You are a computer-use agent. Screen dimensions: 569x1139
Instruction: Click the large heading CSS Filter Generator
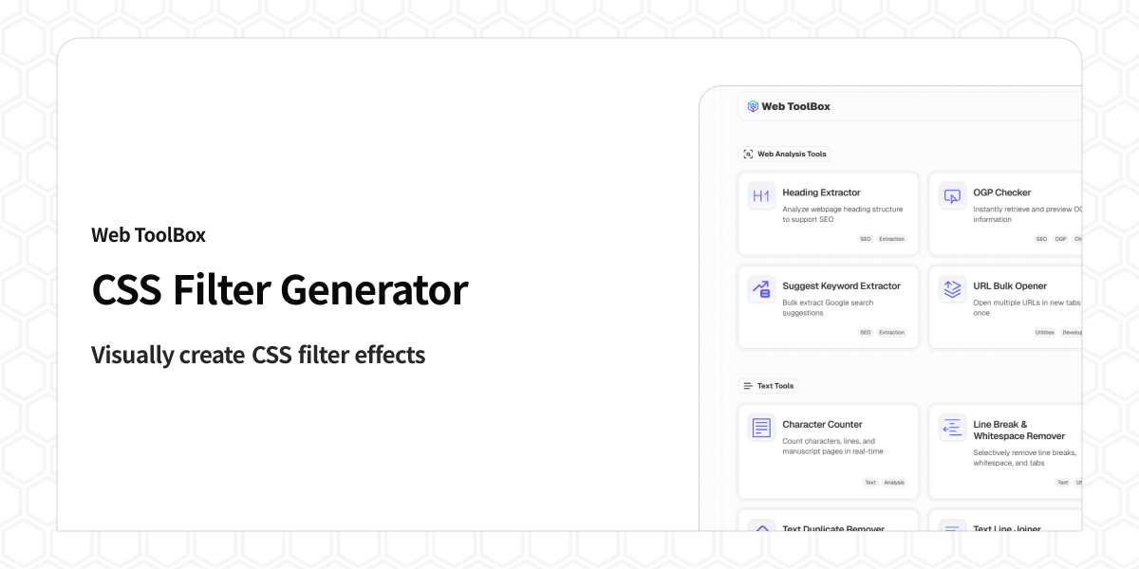coord(279,290)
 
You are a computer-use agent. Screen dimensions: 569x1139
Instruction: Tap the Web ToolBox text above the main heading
coord(148,234)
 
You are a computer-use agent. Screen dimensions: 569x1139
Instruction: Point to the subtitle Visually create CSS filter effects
coord(257,355)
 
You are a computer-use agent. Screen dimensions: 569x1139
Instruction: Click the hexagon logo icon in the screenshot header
coord(753,106)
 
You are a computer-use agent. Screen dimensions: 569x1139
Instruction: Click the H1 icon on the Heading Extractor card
coord(761,196)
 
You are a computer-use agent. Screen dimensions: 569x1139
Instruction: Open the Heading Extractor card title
coord(821,193)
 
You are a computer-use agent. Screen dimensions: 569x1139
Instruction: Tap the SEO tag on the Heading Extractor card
coord(866,239)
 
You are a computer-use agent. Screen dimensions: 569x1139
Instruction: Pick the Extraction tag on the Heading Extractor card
coord(891,239)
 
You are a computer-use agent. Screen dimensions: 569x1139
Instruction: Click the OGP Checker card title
coord(1001,193)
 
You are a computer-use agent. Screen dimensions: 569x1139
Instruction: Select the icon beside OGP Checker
coord(952,196)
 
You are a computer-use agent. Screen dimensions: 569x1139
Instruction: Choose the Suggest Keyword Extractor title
coord(841,285)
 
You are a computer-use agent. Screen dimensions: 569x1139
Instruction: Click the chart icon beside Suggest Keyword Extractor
coord(761,289)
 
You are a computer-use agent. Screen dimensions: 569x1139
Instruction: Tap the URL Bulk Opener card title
coord(1010,285)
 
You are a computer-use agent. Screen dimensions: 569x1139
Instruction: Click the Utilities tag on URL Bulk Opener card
coord(1044,333)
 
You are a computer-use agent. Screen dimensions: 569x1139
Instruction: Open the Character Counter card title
coord(822,424)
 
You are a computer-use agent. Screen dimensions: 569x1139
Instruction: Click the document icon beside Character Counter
coord(761,428)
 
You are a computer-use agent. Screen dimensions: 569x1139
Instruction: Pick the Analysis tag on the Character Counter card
coord(894,483)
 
